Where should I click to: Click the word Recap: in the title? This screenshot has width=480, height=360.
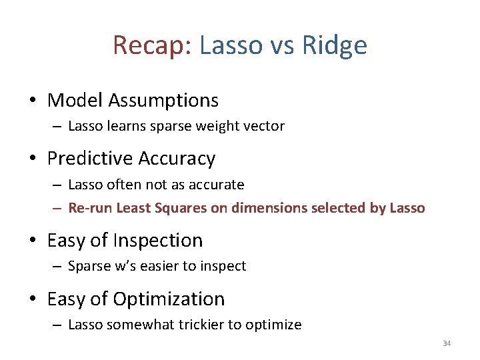(x=153, y=46)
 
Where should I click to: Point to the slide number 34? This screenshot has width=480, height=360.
(x=447, y=343)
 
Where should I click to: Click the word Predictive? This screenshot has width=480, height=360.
(x=88, y=159)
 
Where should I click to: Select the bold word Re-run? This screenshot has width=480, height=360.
(x=90, y=208)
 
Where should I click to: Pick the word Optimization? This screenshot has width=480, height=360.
(x=169, y=299)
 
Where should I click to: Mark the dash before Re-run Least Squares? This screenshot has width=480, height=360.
(x=58, y=209)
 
